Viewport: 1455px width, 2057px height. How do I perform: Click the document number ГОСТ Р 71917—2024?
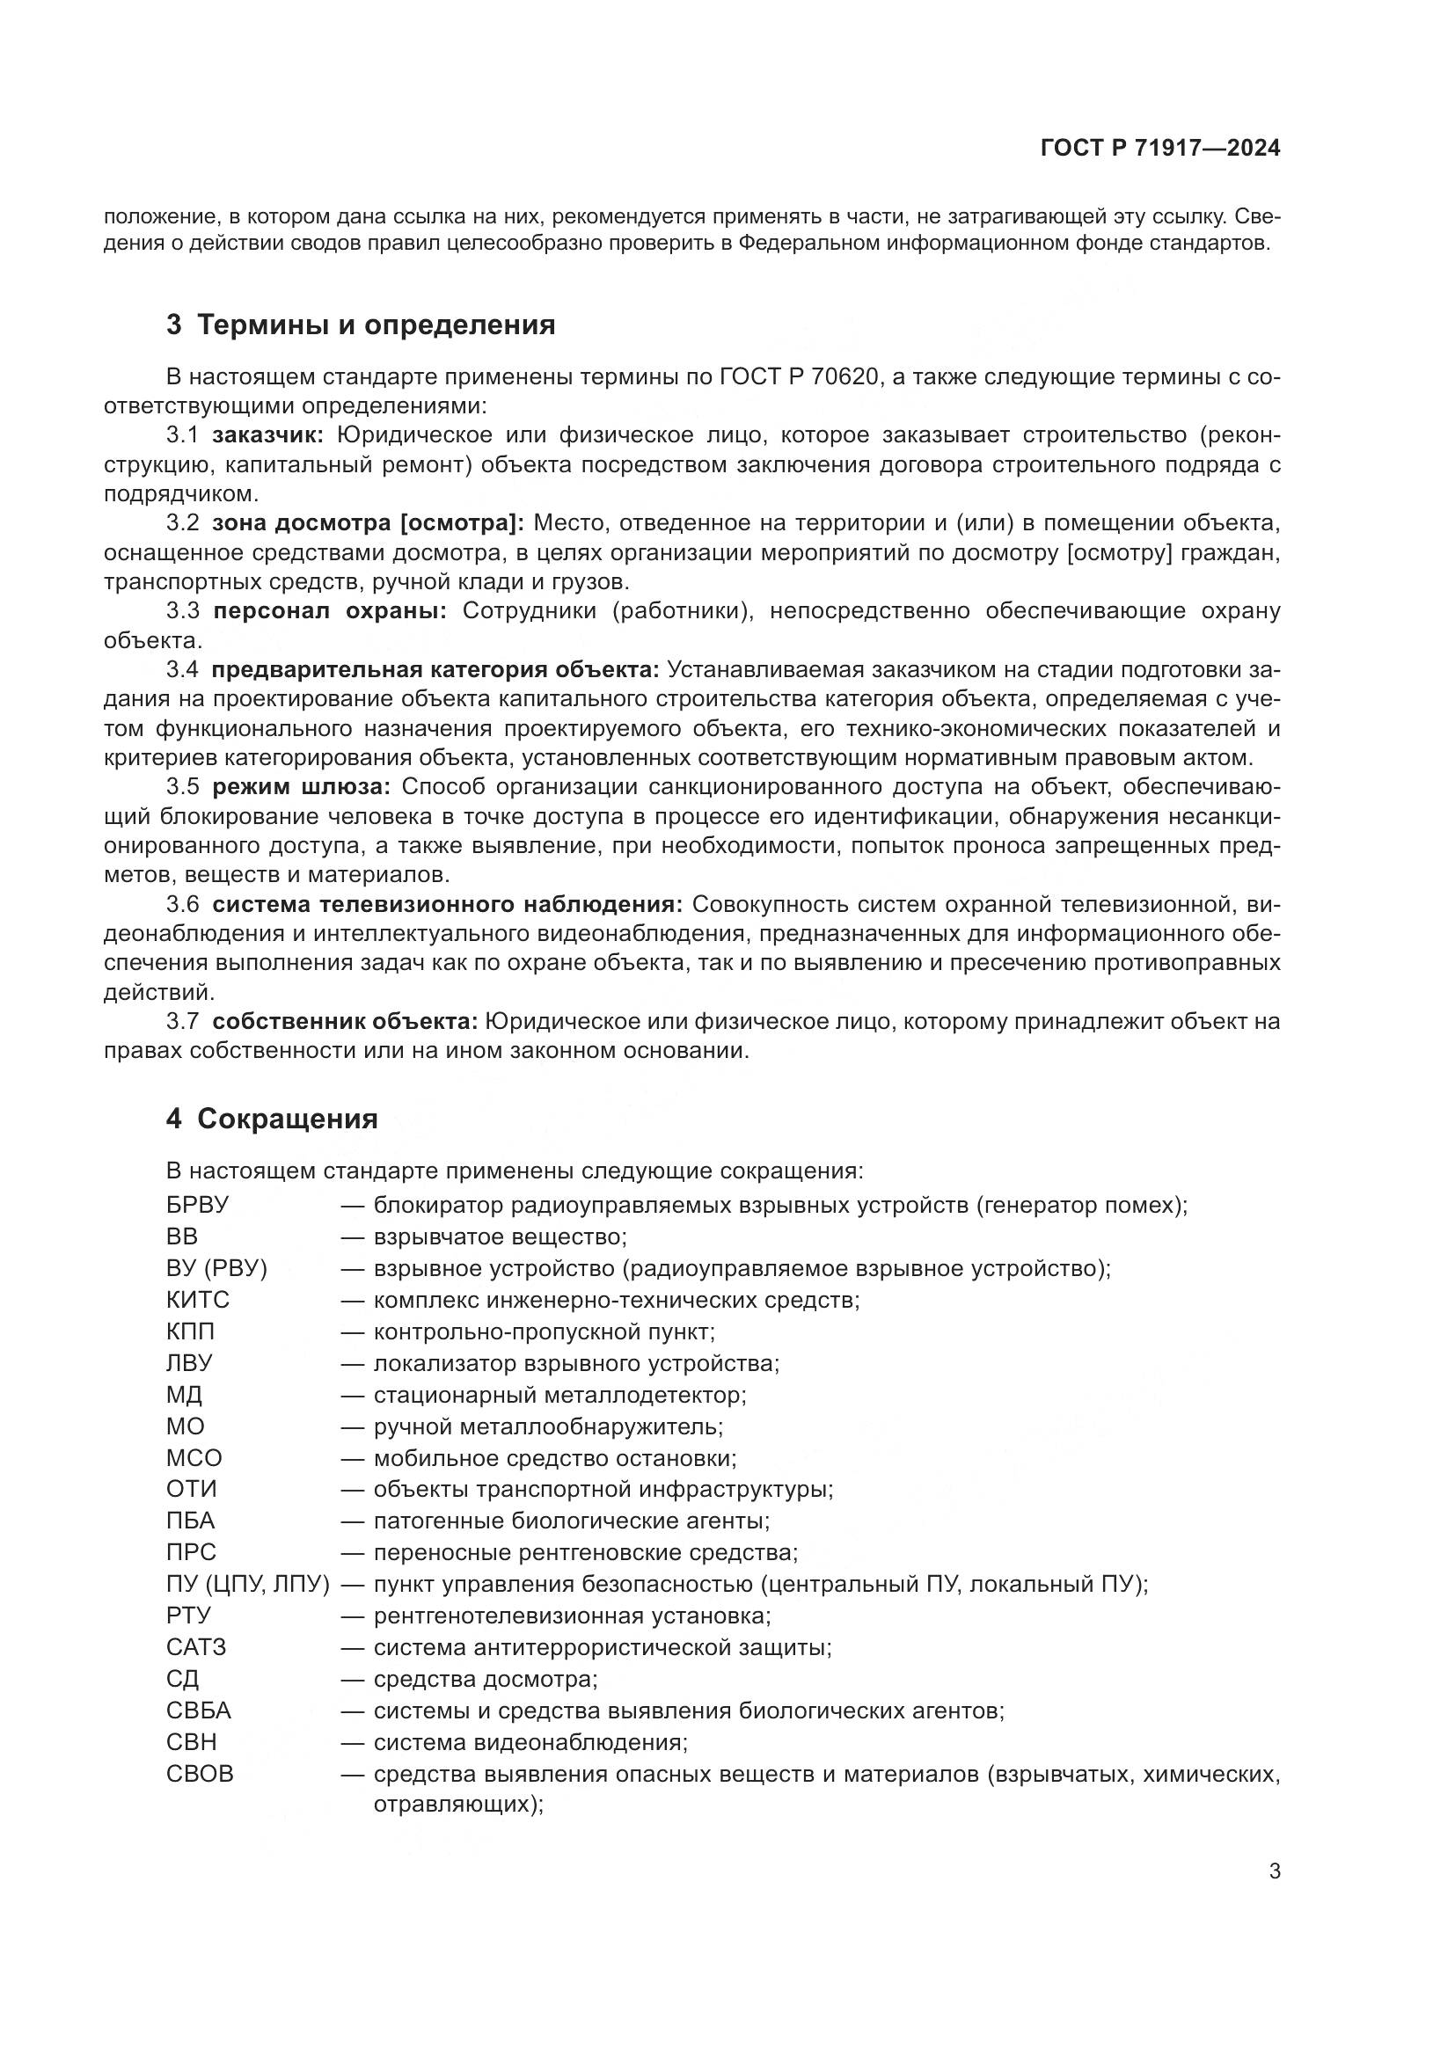pos(1160,149)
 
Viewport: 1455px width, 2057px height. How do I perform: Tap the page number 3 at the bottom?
pos(1274,1871)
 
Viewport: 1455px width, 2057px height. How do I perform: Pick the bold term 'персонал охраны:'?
pos(330,611)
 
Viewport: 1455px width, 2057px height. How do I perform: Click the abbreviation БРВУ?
pos(197,1205)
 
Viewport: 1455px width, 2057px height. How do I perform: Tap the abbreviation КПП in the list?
pos(190,1331)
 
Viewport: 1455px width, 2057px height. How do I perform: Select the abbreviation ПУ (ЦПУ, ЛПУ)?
pos(247,1584)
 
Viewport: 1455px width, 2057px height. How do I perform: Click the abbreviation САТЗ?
pos(195,1646)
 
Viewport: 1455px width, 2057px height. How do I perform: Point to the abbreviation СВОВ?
pos(199,1774)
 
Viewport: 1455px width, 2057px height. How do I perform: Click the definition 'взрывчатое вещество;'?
pos(500,1236)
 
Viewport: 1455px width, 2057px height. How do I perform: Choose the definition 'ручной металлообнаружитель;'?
pos(547,1426)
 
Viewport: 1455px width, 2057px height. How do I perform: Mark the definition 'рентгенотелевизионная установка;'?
pos(572,1616)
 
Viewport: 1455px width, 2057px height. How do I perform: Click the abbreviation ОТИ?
pos(191,1489)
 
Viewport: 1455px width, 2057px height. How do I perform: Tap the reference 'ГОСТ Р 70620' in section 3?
pos(797,376)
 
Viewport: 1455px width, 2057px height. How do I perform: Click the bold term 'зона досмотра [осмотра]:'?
pos(368,523)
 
